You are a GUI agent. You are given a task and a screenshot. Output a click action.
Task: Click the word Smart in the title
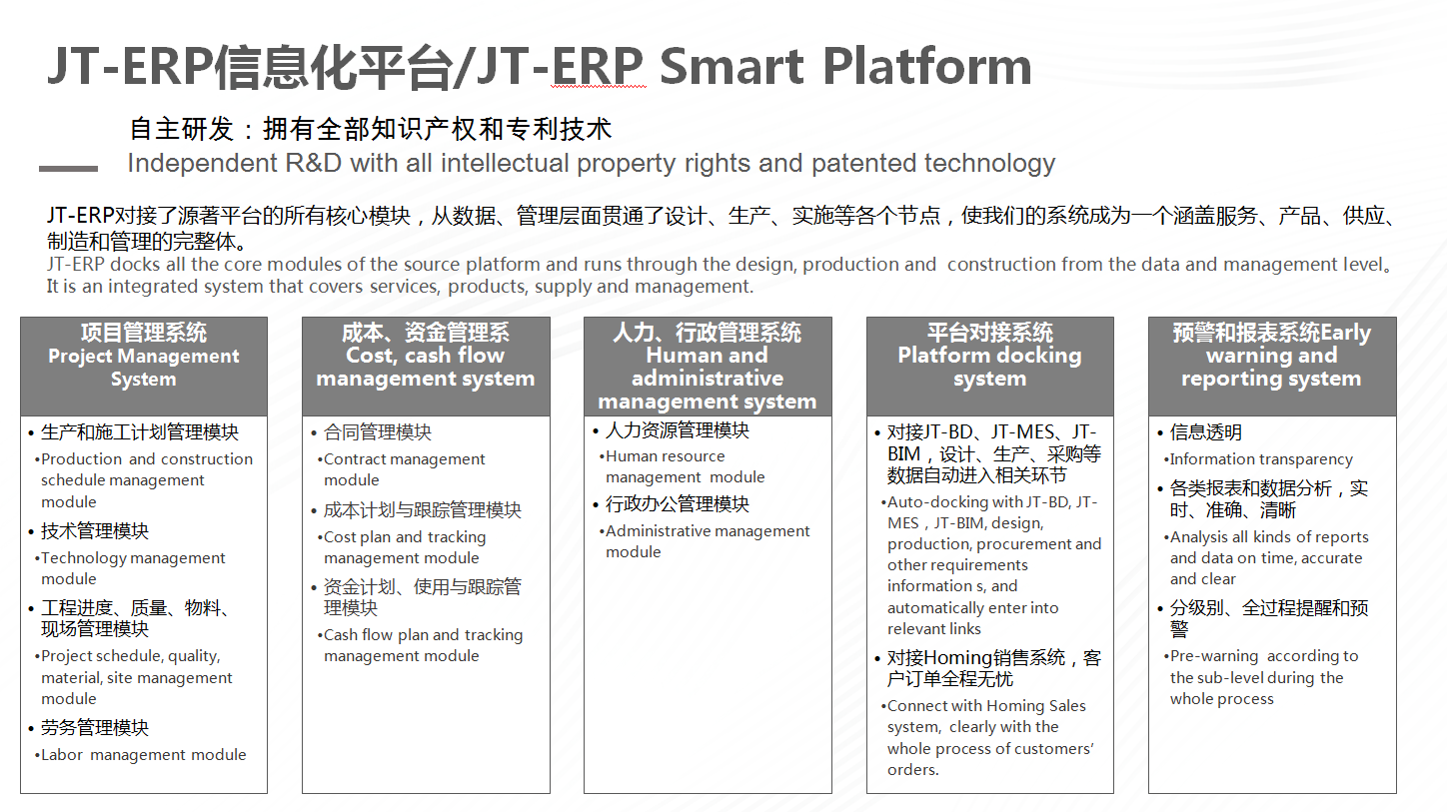point(731,66)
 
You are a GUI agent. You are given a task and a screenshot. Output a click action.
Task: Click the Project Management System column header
point(144,366)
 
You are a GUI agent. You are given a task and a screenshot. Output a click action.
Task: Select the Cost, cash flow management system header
point(426,366)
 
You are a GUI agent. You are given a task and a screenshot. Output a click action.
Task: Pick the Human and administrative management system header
point(708,366)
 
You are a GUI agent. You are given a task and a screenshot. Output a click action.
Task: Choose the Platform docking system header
point(989,366)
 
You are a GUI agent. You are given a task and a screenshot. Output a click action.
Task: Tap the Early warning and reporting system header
point(1272,366)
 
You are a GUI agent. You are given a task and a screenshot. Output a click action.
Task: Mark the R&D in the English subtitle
point(313,164)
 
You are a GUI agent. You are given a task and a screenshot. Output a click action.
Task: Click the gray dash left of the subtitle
point(69,169)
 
